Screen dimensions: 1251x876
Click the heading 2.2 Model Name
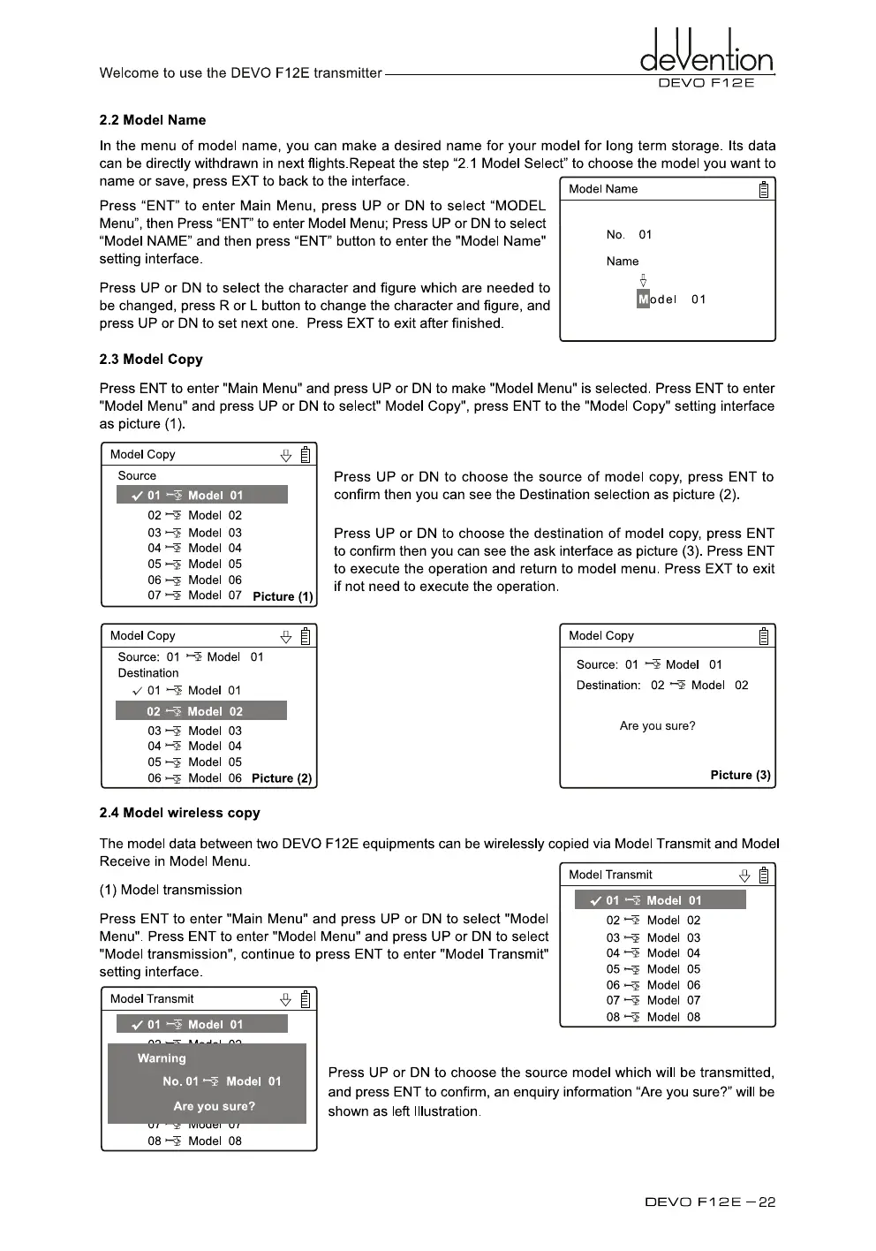pos(153,120)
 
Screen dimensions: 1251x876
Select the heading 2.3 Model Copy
pos(151,360)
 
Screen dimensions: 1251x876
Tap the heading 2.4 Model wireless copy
pos(179,813)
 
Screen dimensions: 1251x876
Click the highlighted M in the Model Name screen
pos(643,299)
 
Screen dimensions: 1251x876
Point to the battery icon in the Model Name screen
pos(764,189)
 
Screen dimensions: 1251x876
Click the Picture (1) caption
pos(283,596)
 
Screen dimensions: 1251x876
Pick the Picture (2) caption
pos(282,778)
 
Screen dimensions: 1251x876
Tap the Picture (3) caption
pos(740,775)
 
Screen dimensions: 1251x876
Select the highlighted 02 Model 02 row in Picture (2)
pos(201,711)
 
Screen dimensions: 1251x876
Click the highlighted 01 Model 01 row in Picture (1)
pos(201,496)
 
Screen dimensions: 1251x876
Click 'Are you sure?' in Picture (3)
pos(657,726)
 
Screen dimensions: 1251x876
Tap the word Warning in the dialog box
pos(162,1058)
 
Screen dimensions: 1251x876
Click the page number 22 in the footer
pos(766,1202)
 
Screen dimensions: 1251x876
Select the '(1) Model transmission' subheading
pos(170,891)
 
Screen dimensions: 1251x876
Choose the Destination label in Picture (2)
pos(148,673)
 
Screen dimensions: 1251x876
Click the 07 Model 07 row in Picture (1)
pos(194,595)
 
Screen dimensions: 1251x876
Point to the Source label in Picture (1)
pos(137,476)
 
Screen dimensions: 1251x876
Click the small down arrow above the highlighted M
pos(643,280)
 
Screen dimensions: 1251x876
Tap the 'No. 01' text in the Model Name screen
pos(629,235)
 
